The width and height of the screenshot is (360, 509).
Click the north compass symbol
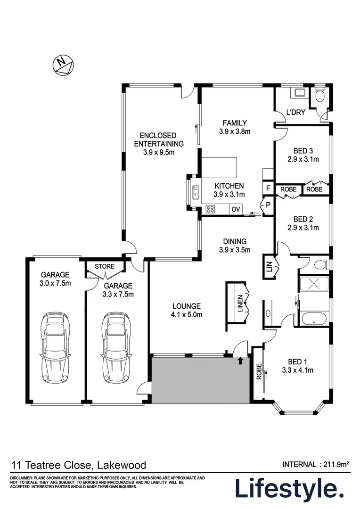(63, 65)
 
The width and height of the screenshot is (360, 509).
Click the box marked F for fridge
(268, 189)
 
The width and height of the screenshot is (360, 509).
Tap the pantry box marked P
(268, 205)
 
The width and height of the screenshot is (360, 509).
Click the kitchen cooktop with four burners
(211, 209)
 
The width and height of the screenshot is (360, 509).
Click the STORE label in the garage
(104, 266)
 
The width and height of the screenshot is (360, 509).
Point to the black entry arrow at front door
(241, 361)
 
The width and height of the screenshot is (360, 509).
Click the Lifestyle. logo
(289, 489)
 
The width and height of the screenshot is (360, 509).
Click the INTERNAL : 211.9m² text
(315, 464)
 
